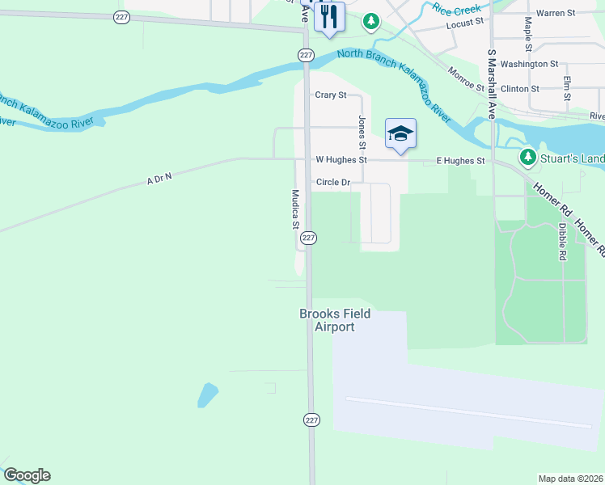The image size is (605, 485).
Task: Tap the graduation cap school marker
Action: (400, 133)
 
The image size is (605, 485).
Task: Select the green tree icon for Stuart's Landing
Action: (528, 155)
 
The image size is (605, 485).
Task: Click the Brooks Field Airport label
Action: (335, 320)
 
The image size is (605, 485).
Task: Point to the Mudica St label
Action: (296, 209)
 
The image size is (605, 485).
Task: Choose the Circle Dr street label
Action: (333, 183)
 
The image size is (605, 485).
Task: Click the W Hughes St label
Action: (341, 160)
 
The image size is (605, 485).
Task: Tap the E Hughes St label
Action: (460, 161)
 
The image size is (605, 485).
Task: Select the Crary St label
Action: (330, 95)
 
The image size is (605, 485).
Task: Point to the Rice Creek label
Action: (458, 9)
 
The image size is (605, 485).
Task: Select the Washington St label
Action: (529, 63)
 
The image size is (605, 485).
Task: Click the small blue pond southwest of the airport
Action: (208, 394)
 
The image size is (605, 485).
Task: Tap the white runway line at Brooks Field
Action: (469, 412)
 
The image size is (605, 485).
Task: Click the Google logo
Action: (27, 475)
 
